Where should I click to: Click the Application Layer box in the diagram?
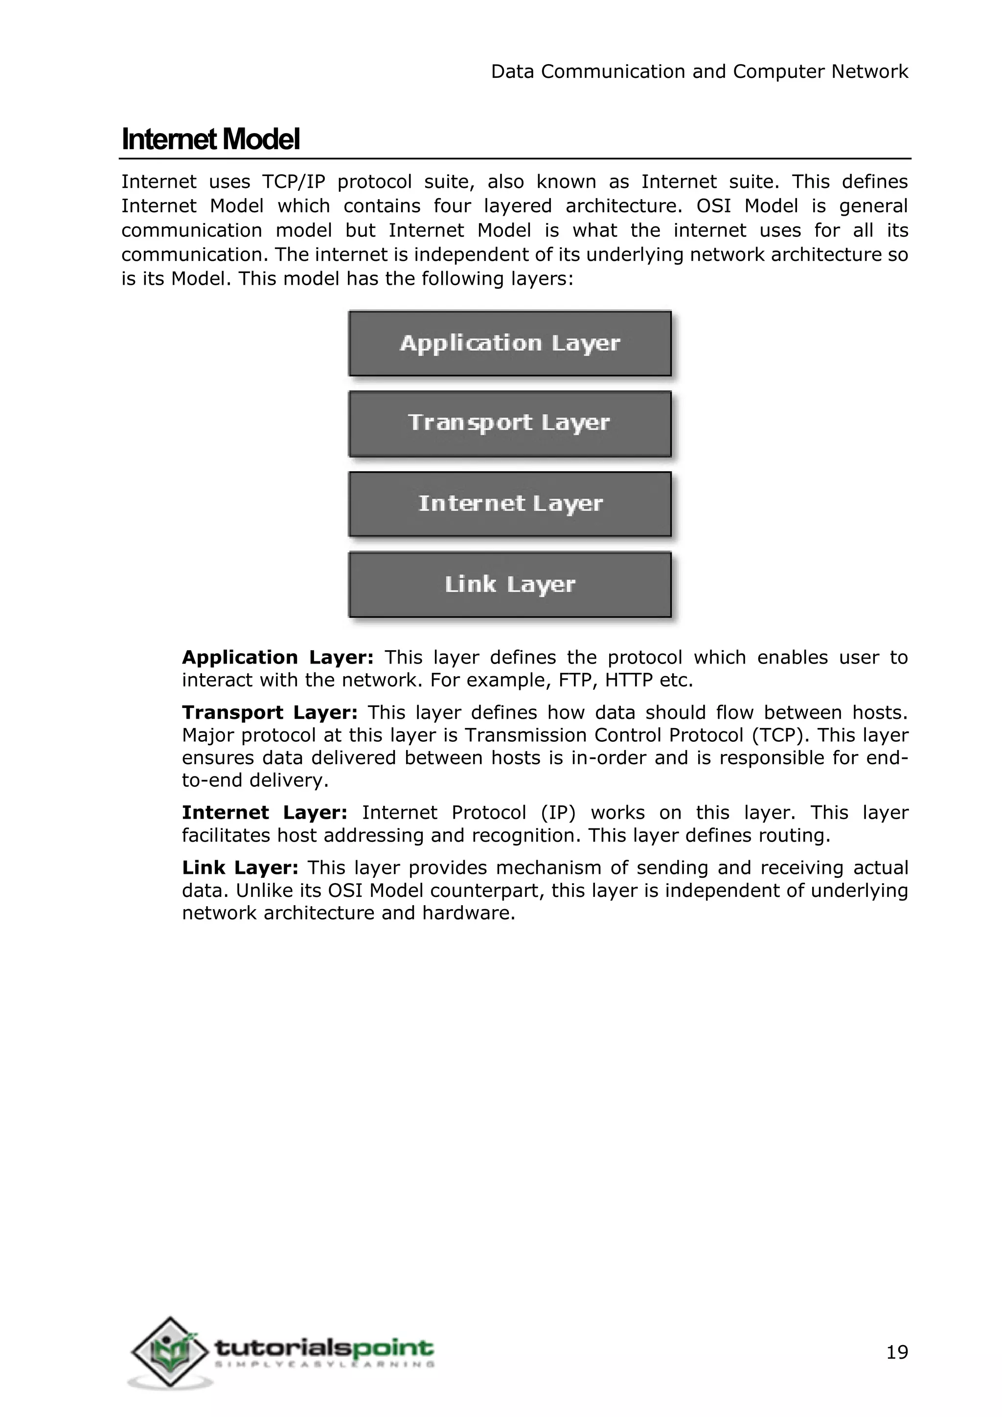510,343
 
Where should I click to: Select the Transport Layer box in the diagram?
510,423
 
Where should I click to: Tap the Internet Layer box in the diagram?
510,503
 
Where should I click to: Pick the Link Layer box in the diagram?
510,584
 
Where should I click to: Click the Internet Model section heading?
210,139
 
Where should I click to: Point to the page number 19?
897,1352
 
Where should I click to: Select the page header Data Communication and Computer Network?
699,71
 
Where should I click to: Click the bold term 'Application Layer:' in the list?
277,657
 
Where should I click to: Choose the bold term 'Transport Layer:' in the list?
270,712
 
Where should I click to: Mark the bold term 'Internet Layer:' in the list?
265,812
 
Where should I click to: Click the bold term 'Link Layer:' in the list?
240,868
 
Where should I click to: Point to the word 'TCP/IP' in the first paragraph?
293,182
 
